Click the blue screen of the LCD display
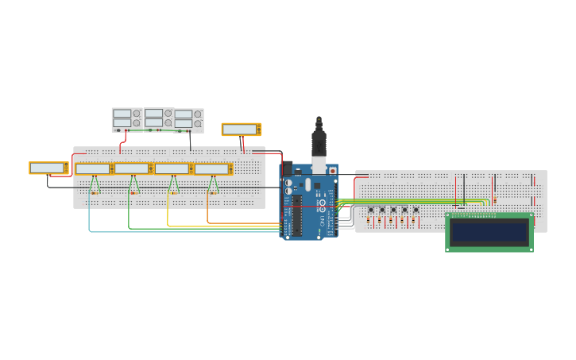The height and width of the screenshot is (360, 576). (489, 232)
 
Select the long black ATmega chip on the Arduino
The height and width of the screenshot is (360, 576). (297, 215)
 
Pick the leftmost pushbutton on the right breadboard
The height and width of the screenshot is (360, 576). (370, 210)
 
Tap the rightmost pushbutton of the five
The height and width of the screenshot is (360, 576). (416, 210)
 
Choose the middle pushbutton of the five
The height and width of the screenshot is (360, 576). (392, 210)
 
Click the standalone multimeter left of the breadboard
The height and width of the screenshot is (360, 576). (48, 168)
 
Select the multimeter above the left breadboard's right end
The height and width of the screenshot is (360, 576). (241, 129)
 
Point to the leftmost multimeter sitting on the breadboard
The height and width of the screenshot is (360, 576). (93, 168)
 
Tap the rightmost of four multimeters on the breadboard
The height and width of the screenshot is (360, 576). (213, 168)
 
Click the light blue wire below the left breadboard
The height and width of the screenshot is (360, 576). (159, 232)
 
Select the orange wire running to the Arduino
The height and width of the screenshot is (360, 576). (238, 223)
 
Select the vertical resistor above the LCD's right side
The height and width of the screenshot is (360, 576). (494, 200)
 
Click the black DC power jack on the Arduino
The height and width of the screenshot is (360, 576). (287, 169)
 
